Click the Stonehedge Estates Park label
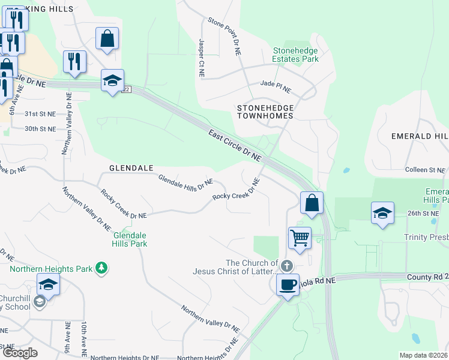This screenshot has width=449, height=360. [295, 55]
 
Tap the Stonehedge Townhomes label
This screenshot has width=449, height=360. [265, 112]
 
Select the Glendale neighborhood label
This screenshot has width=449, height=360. [131, 169]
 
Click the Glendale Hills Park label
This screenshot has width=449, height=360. [130, 239]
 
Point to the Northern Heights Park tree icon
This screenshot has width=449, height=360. [102, 268]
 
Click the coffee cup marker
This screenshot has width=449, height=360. [288, 283]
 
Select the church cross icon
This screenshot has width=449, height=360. [286, 266]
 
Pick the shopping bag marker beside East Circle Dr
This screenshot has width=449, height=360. [312, 202]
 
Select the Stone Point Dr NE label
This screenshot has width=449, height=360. [224, 37]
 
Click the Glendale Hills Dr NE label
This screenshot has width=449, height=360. [185, 183]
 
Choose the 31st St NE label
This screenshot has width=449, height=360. [40, 113]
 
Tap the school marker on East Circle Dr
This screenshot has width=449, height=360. [112, 80]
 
